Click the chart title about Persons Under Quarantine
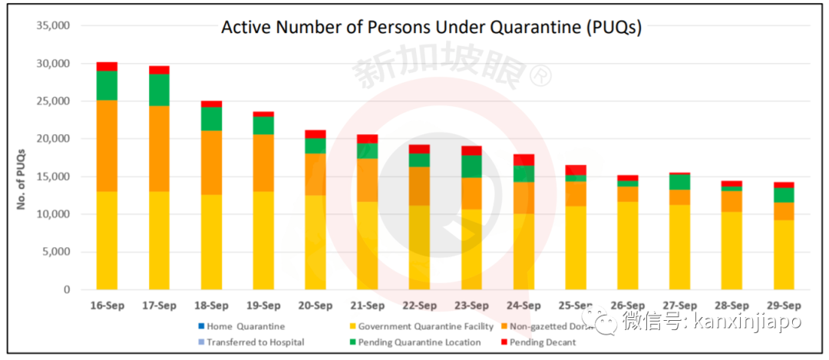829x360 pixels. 431,28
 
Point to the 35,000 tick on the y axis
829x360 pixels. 53,25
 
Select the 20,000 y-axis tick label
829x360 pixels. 53,139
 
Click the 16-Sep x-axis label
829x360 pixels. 107,305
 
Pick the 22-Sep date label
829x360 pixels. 420,305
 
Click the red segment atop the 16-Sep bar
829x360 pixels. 107,66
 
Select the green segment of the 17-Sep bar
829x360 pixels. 159,90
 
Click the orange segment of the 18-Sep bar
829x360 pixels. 211,162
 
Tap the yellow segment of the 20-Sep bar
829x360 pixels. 315,242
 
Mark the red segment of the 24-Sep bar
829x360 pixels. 524,160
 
